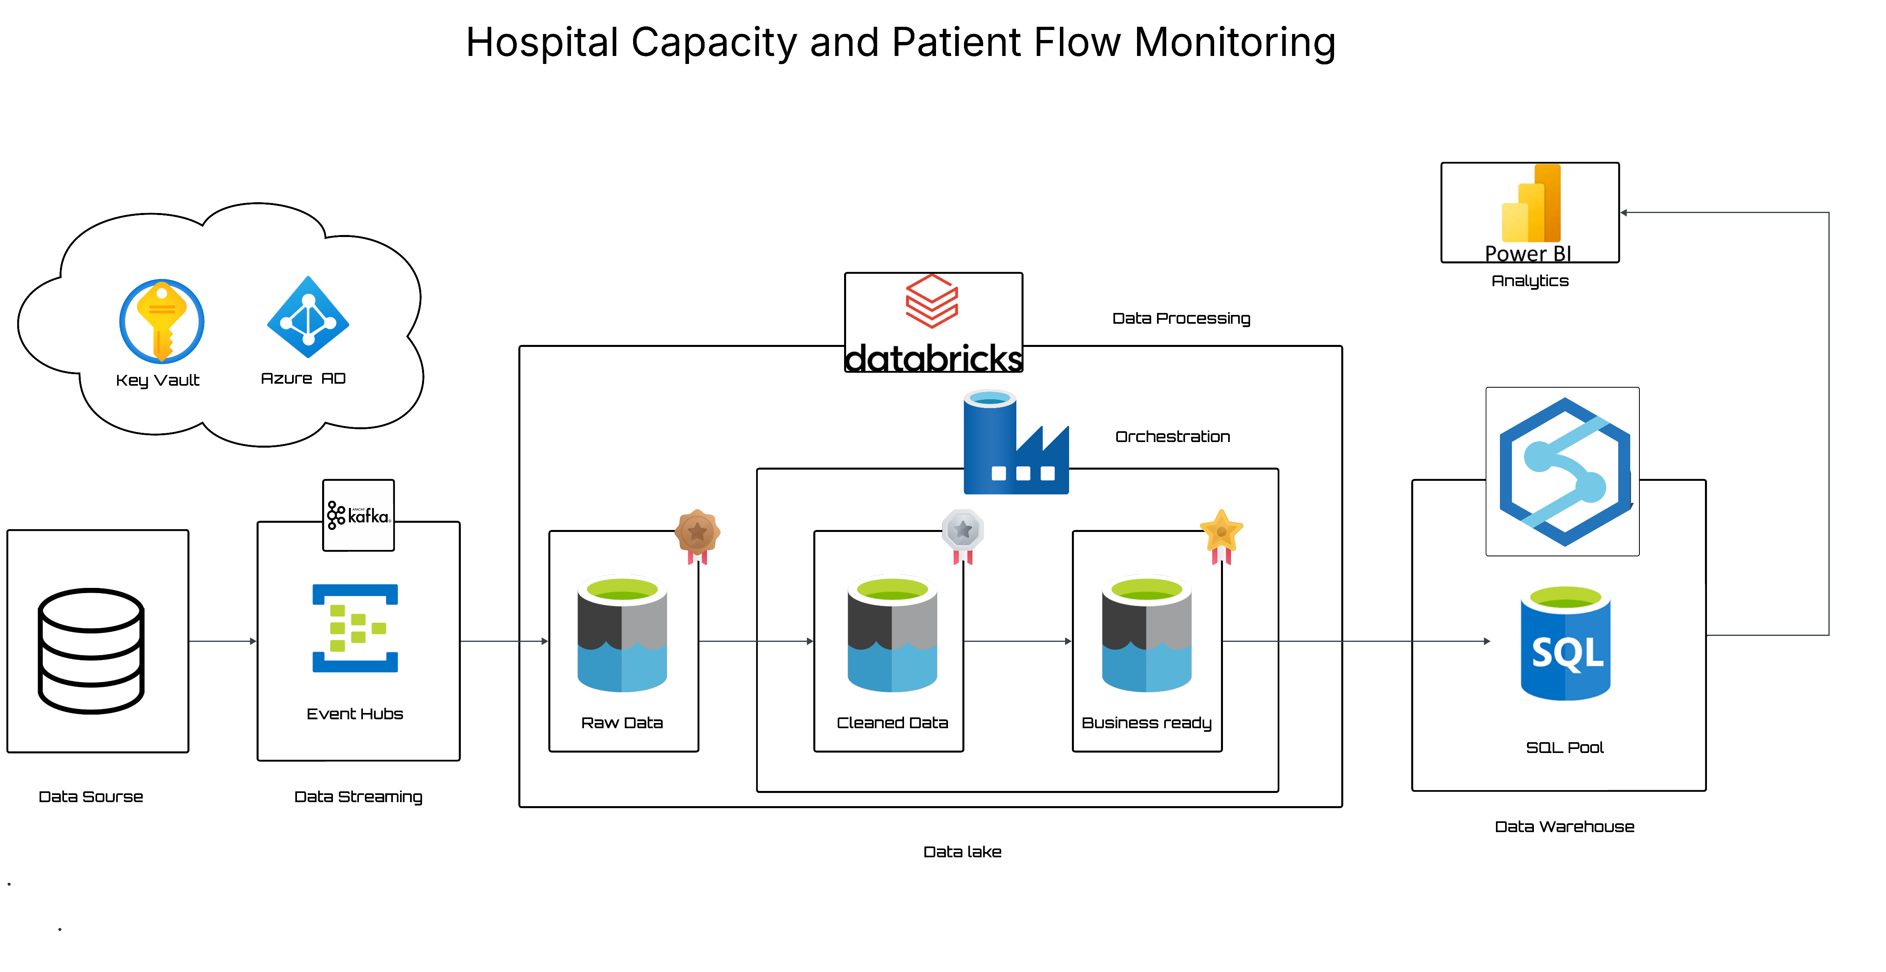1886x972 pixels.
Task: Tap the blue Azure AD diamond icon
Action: pos(308,318)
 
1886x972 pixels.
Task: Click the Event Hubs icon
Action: pos(355,628)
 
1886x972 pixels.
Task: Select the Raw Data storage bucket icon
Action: pos(622,634)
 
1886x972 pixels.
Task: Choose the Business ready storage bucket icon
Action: pos(1147,634)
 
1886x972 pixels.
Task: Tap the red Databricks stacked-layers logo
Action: pos(932,301)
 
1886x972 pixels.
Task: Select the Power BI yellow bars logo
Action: pos(1531,204)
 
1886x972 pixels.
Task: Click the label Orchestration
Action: pos(1172,437)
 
